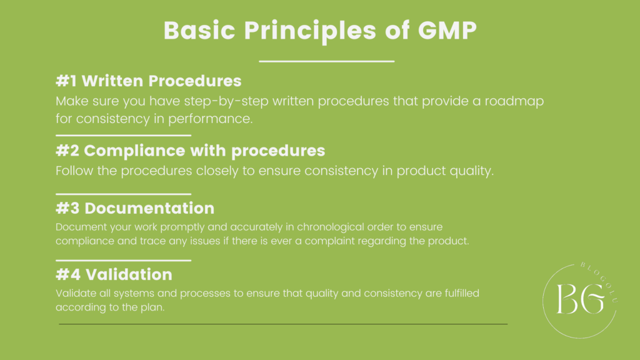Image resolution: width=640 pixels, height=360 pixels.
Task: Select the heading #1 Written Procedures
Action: coord(148,81)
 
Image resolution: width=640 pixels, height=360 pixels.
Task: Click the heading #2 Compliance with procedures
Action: coord(190,151)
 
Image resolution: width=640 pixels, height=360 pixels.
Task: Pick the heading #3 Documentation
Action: coord(134,208)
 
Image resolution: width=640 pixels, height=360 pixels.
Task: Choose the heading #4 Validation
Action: coord(114,274)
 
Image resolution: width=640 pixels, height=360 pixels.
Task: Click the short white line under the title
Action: coord(326,61)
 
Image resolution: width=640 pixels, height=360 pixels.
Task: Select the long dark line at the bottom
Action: coord(282,324)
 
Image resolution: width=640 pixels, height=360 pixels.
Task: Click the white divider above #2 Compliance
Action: coord(123,135)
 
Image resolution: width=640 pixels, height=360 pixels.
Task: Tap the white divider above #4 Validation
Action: coord(123,260)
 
